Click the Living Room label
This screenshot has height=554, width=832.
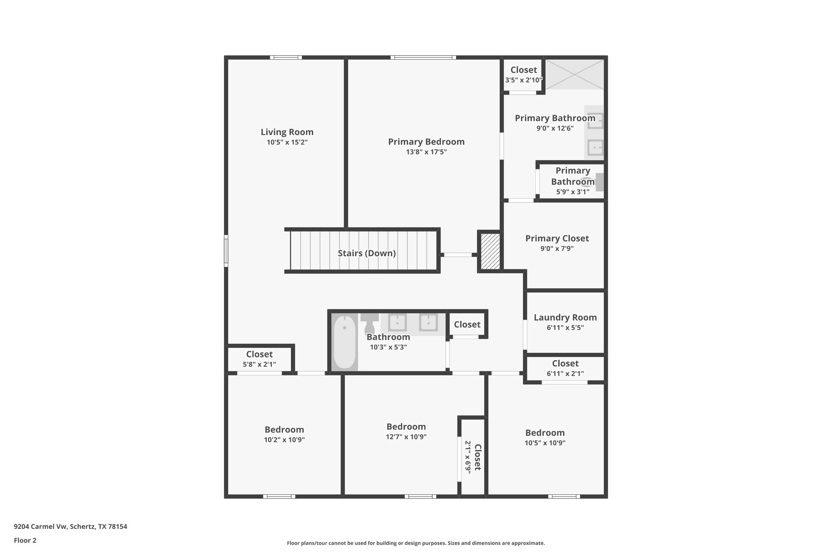[x=287, y=132]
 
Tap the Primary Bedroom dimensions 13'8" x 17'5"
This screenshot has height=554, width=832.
[x=426, y=152]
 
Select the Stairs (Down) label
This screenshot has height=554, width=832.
[x=366, y=253]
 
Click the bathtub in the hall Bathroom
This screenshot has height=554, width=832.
[x=344, y=342]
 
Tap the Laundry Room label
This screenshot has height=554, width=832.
[x=565, y=317]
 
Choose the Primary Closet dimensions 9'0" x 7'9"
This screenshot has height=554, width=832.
[x=557, y=248]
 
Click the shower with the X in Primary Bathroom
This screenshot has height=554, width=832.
[x=574, y=74]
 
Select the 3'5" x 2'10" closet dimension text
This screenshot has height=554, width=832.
[x=523, y=80]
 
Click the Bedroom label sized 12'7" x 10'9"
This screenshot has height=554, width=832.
[x=406, y=427]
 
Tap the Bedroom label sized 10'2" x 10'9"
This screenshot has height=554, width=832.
[x=284, y=429]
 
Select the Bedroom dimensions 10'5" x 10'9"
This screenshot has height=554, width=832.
[x=545, y=443]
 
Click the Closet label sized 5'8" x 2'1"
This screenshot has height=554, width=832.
[x=259, y=354]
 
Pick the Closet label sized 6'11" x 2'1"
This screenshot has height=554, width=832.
[x=565, y=363]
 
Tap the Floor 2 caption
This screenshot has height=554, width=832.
[x=25, y=540]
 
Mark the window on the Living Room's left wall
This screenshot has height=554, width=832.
[x=226, y=251]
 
